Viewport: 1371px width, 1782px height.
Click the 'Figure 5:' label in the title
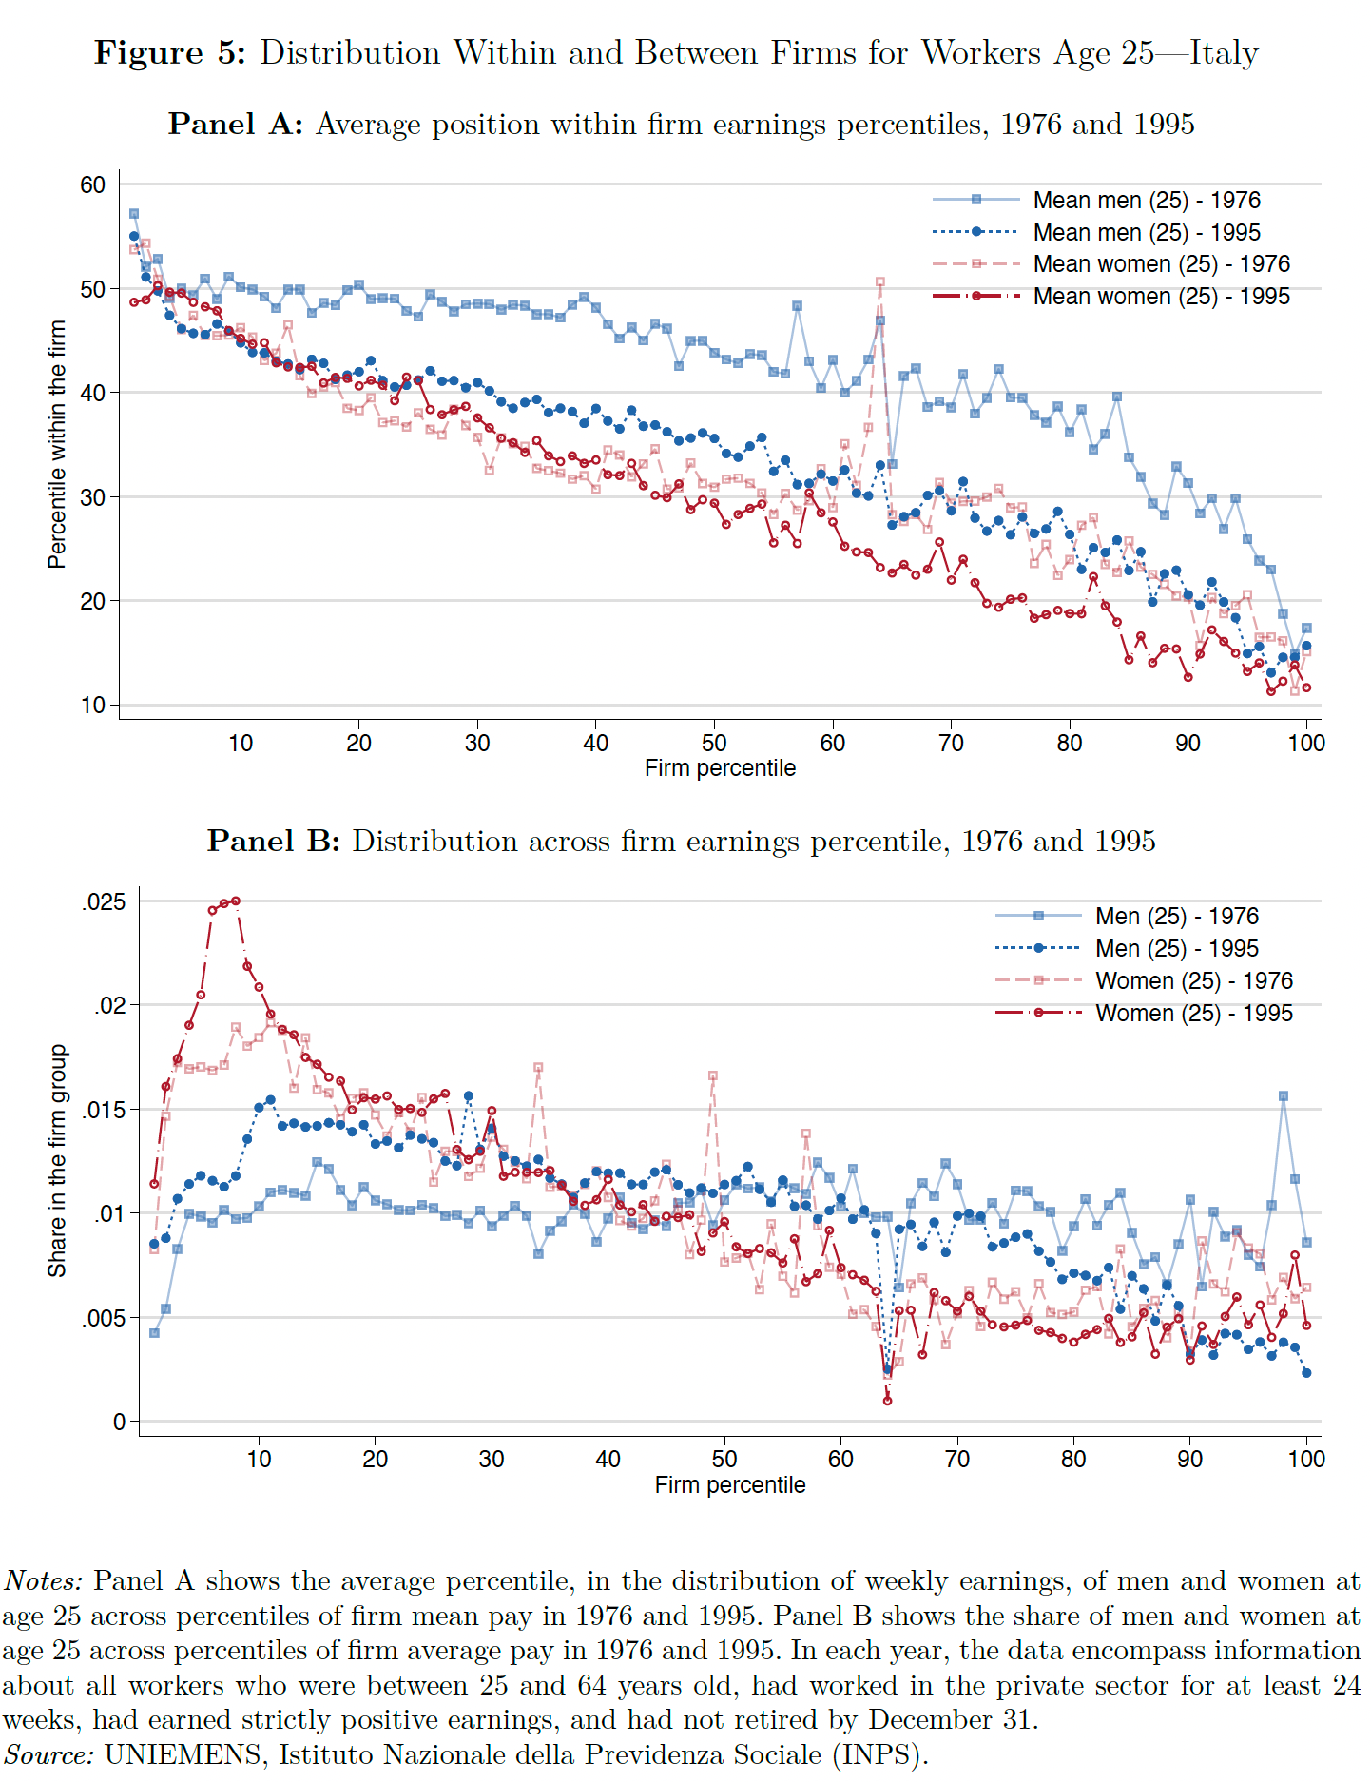[x=169, y=52]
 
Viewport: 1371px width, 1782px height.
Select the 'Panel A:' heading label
[x=235, y=124]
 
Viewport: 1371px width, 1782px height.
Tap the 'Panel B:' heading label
[x=273, y=841]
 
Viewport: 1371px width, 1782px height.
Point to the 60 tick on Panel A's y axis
[x=92, y=184]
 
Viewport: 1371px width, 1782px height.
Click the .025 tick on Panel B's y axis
[x=104, y=901]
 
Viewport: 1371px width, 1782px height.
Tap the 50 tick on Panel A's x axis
[x=714, y=743]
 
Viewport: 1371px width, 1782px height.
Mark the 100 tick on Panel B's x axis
[x=1306, y=1459]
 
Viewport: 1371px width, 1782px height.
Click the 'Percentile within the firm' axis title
[x=57, y=444]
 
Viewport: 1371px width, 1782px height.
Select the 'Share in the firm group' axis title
[x=57, y=1160]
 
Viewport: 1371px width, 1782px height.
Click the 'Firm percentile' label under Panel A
[x=720, y=767]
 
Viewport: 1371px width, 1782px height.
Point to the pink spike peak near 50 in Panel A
[x=879, y=282]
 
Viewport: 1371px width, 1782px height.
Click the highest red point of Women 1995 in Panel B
[x=235, y=901]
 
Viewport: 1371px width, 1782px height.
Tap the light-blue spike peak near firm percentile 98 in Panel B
[x=1284, y=1096]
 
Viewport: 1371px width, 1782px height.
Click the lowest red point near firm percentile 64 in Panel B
[x=887, y=1400]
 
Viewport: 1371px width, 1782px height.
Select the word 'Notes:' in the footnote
[x=44, y=1580]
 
